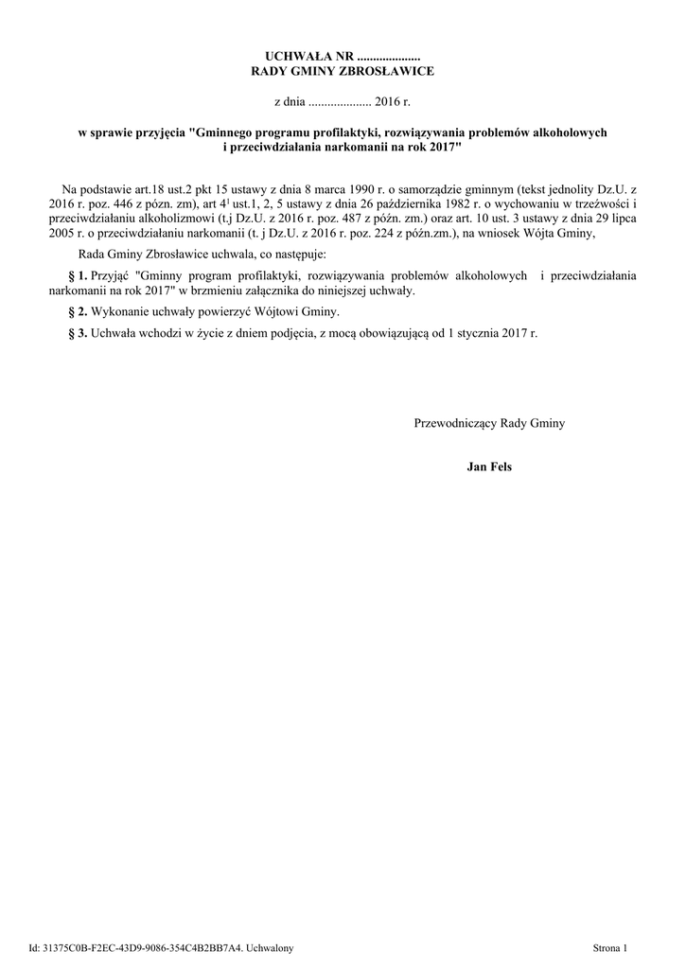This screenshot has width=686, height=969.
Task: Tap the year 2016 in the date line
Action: [x=389, y=100]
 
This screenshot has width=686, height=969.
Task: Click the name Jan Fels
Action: [x=489, y=467]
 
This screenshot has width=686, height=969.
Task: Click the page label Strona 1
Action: [x=609, y=946]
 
